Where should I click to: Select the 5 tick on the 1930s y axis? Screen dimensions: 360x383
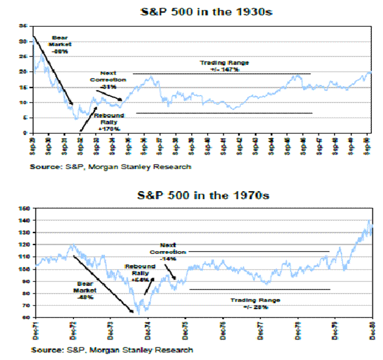[x=24, y=118]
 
